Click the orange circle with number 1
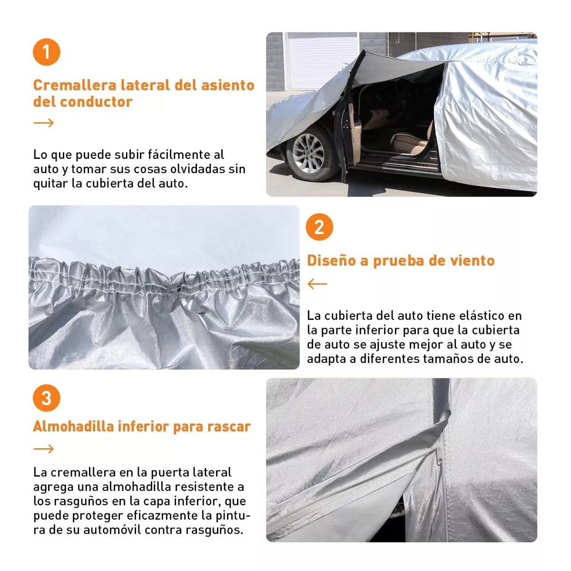coord(46,52)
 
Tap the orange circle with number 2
coord(319,227)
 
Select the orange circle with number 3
coord(46,398)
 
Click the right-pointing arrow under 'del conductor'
coord(44,123)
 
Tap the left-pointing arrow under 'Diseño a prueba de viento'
coord(317,284)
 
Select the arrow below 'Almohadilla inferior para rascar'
coord(44,449)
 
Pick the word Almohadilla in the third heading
coord(73,426)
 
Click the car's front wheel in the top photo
coord(308,153)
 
